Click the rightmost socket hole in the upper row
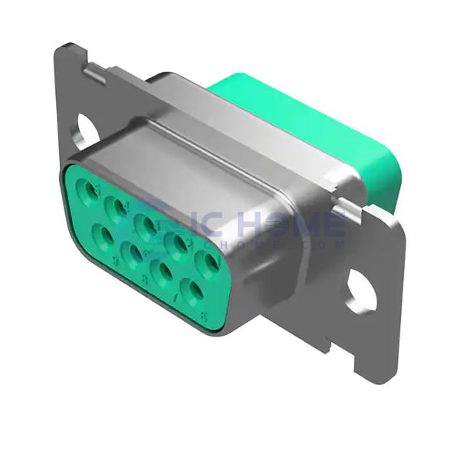207,262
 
